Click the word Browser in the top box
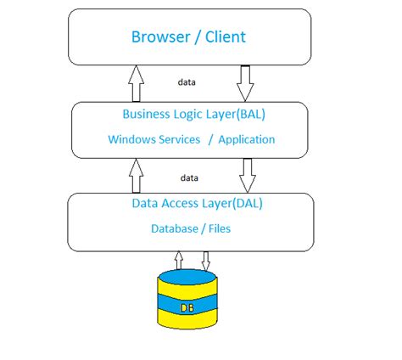click(158, 37)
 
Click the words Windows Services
click(154, 139)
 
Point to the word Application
click(247, 139)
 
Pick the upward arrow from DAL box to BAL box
click(134, 176)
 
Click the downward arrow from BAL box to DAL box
click(248, 176)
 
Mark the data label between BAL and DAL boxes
click(190, 178)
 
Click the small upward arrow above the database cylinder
click(178, 259)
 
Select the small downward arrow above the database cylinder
click(205, 259)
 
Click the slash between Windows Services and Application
click(209, 139)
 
